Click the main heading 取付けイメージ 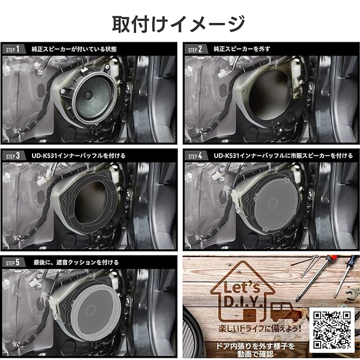(x=179, y=24)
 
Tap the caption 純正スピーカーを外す (x=242, y=49)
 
